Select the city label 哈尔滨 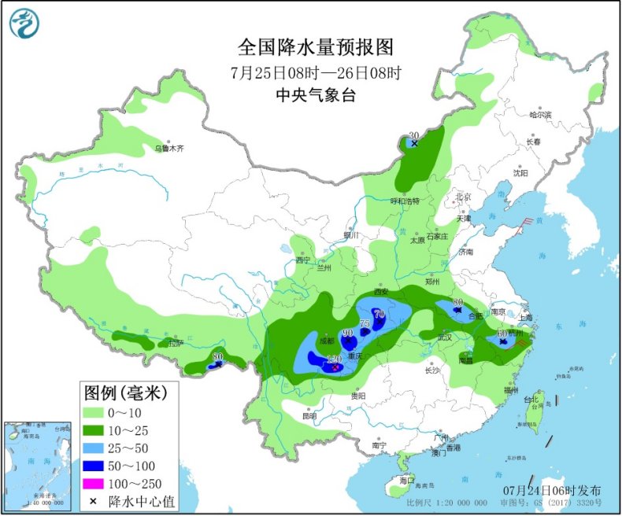click(541, 115)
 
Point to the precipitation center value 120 click(334, 359)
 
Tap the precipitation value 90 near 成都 click(347, 333)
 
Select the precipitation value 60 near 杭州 click(502, 334)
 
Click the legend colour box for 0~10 click(98, 413)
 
